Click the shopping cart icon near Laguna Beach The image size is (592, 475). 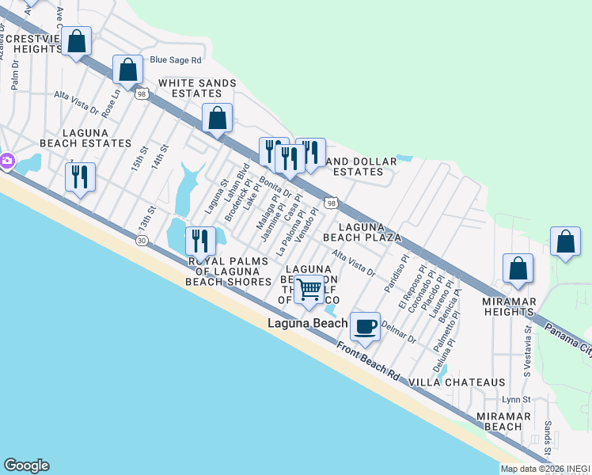tap(309, 290)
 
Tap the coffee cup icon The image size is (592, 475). tap(365, 325)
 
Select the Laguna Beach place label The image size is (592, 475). tap(307, 323)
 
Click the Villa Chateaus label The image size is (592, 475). tap(457, 382)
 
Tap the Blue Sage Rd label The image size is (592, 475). tap(176, 59)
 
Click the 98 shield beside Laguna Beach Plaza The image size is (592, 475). tap(332, 203)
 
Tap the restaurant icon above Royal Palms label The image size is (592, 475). tap(200, 240)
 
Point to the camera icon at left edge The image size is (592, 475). tap(6, 161)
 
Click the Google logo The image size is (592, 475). tap(26, 465)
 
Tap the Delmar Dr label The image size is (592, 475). tap(398, 331)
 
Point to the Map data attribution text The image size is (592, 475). tap(545, 469)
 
